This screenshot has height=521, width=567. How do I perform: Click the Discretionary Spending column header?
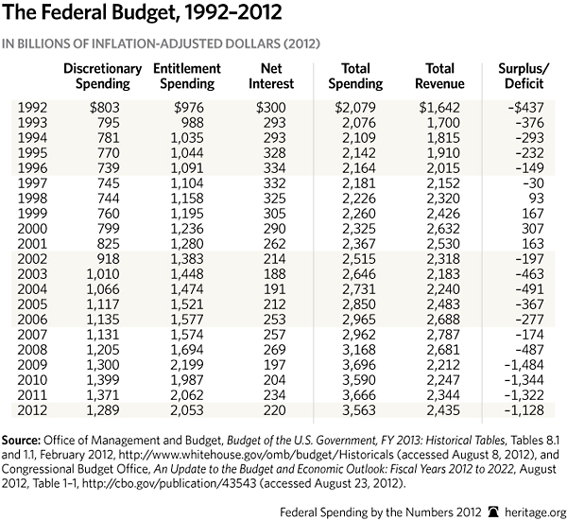102,77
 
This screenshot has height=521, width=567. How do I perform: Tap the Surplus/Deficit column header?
526,77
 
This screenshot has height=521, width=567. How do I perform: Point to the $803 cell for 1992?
107,108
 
